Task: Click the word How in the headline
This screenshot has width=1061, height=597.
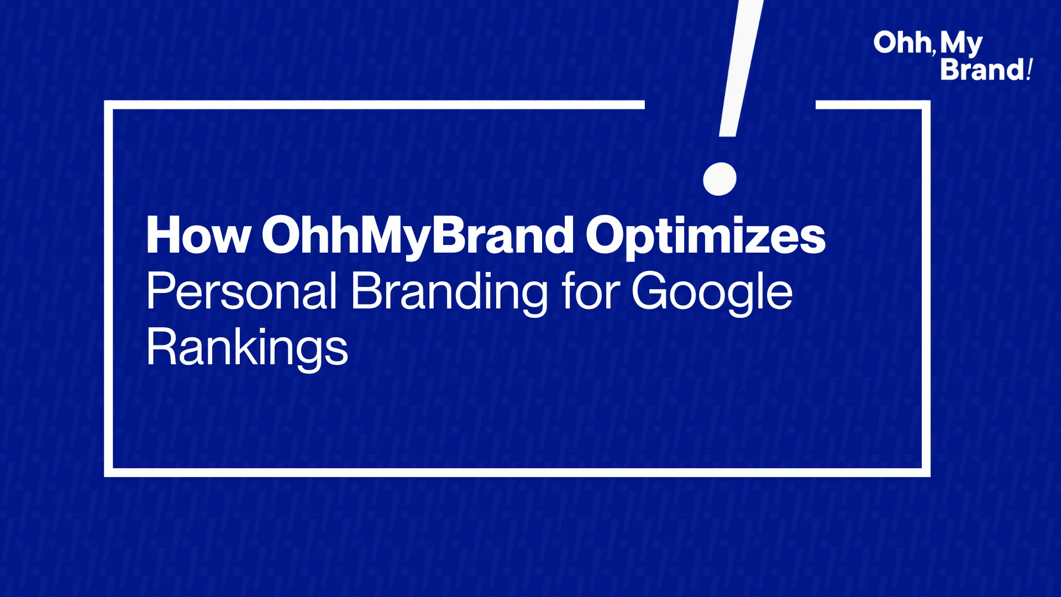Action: [198, 235]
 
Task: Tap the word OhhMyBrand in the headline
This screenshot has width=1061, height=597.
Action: [418, 237]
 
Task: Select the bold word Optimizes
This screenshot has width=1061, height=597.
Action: [706, 237]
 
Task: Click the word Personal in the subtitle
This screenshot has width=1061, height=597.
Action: [241, 291]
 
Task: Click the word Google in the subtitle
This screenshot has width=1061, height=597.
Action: [712, 293]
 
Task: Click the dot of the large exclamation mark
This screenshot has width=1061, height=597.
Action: [719, 179]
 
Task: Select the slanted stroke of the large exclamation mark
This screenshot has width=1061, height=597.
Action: [741, 68]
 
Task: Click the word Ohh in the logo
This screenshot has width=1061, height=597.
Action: [902, 43]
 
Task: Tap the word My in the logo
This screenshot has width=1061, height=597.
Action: [961, 44]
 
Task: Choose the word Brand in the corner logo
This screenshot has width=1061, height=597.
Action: [983, 70]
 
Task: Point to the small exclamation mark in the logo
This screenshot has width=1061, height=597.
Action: [1030, 70]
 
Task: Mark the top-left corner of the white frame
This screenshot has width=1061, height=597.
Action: [108, 105]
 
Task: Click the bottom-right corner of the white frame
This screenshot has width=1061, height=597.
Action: [926, 473]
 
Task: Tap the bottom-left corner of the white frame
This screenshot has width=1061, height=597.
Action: [108, 473]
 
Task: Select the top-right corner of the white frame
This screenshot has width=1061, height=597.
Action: [926, 105]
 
